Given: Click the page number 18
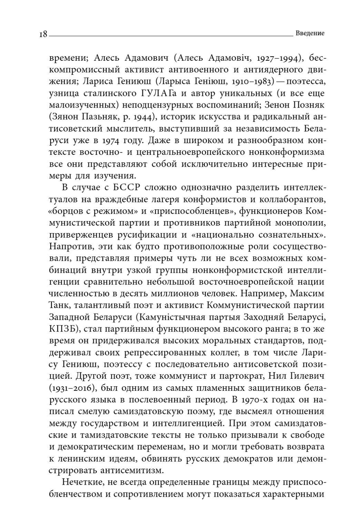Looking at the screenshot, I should pyautogui.click(x=43, y=34).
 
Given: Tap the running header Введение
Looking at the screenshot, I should pyautogui.click(x=310, y=33).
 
